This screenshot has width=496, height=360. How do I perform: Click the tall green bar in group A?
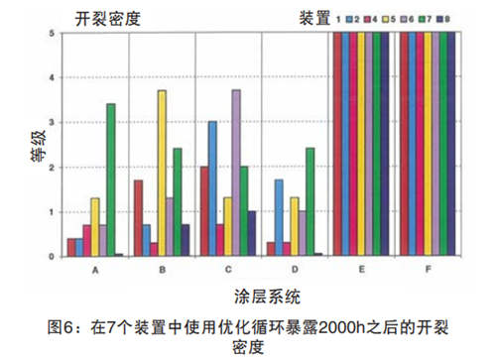111,180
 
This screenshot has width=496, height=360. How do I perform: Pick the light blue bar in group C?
212,187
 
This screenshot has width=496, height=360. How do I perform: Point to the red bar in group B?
138,217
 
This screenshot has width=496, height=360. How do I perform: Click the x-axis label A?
94,269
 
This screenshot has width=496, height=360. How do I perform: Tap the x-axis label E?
362,269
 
